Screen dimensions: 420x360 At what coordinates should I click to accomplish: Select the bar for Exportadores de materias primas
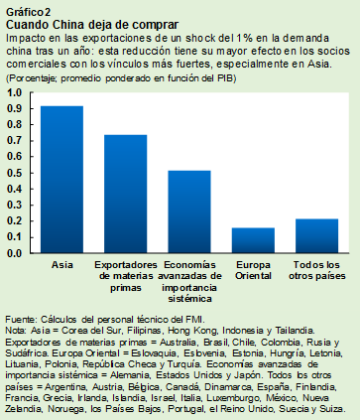125,194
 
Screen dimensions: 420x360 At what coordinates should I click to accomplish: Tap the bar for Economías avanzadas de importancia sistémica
188,211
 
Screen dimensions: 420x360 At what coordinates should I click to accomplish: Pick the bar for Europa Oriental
253,241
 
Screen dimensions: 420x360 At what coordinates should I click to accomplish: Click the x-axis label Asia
61,265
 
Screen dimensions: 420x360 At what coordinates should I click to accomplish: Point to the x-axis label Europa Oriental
253,270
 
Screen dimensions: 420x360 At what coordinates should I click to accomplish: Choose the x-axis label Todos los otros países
316,270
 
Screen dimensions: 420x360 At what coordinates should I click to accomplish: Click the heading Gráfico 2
26,9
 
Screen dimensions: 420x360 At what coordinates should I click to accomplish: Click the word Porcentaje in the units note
32,76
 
